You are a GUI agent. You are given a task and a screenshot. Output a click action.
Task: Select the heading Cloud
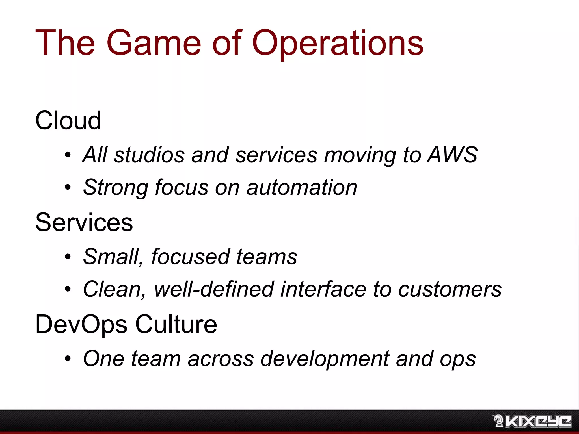68,121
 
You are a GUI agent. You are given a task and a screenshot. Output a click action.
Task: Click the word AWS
452,155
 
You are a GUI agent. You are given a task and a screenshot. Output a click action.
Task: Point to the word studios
149,155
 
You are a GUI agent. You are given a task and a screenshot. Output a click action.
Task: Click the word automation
302,187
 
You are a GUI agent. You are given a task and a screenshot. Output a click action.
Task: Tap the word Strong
115,187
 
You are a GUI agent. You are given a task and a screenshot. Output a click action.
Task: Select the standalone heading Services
84,222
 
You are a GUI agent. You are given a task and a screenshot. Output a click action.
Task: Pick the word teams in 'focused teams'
267,257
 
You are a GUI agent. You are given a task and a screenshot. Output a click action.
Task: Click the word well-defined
214,289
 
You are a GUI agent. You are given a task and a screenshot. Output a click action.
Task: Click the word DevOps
81,324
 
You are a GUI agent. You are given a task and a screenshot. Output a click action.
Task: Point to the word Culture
176,324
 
